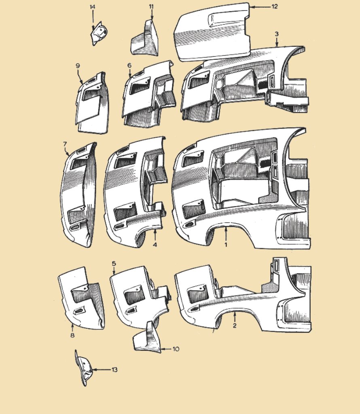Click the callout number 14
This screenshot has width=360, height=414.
(93, 7)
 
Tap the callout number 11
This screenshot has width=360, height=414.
(151, 7)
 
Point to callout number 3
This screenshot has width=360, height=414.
(277, 34)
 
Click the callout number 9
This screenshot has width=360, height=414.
(77, 65)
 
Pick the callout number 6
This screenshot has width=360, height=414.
(129, 65)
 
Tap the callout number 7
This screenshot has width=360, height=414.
(65, 144)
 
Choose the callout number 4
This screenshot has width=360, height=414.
(155, 245)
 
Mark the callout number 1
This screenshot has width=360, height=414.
(226, 245)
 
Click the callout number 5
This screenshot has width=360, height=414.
(114, 263)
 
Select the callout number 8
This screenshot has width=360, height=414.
(72, 335)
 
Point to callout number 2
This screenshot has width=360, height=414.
(234, 325)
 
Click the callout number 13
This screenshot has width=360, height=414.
(114, 370)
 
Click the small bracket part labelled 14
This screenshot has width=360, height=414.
(98, 34)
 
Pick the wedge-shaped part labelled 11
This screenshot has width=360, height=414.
(146, 40)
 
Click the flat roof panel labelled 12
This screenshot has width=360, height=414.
(212, 32)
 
